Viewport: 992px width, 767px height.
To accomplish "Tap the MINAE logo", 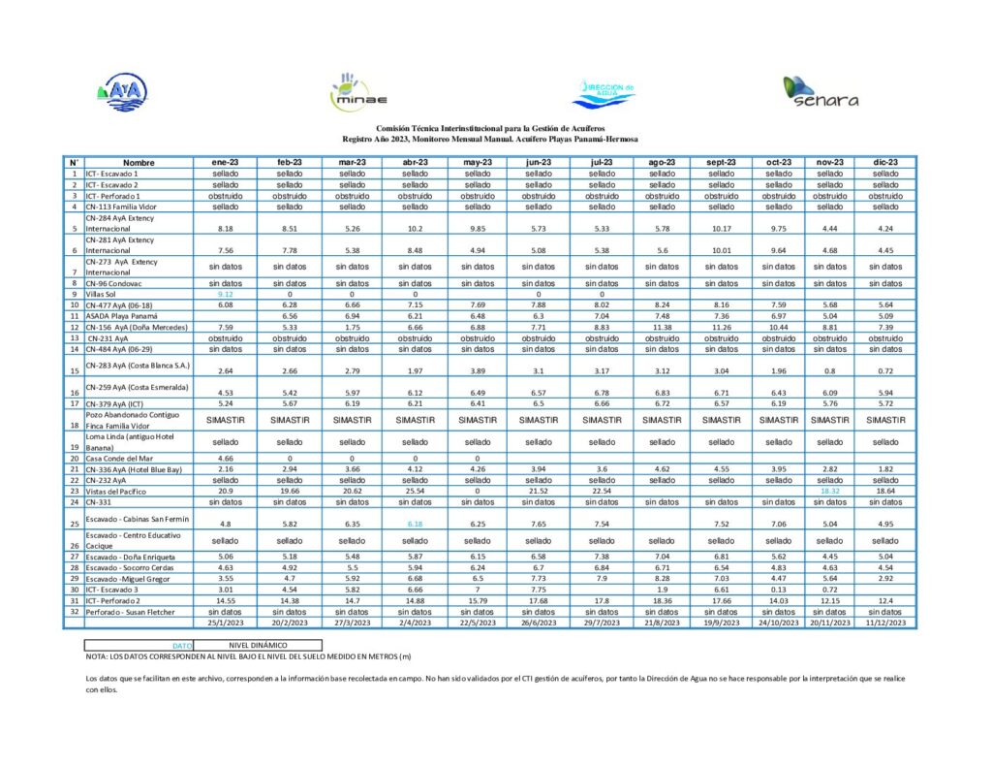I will tap(346, 92).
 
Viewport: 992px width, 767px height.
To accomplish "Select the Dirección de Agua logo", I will tap(602, 93).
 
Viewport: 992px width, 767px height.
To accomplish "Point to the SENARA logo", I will tap(821, 92).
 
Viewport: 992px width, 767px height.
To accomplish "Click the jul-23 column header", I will tap(601, 162).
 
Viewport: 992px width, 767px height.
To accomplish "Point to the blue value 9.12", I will tap(226, 294).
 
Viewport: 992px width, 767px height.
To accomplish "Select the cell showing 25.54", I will tap(414, 491).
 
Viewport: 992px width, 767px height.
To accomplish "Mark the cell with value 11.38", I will tap(663, 327).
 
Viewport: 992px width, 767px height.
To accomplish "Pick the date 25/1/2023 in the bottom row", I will tap(226, 623).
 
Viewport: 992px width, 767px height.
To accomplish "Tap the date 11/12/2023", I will tap(885, 623).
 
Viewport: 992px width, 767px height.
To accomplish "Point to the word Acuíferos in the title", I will tap(582, 128).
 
